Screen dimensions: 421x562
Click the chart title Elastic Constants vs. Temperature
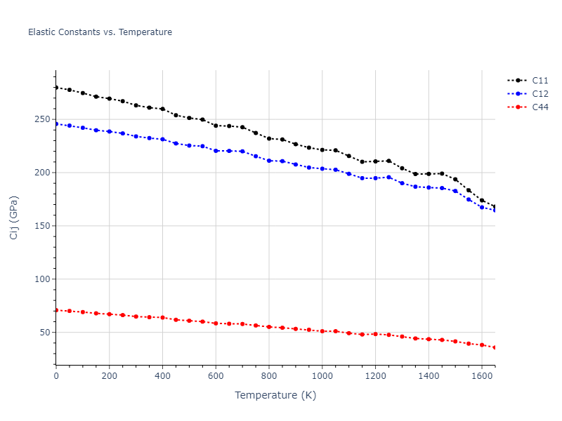[100, 32]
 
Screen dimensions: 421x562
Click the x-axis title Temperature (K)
[275, 396]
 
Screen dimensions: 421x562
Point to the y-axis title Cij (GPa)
[14, 218]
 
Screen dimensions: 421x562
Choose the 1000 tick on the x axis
[322, 375]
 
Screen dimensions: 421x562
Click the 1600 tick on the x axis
[482, 375]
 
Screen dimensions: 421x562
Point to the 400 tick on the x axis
[162, 375]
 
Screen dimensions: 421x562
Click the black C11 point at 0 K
[56, 88]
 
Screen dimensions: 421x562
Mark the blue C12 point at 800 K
[269, 161]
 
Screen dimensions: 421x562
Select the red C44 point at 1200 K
[375, 334]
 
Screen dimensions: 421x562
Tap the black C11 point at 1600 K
[482, 200]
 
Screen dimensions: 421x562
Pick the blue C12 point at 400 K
[162, 139]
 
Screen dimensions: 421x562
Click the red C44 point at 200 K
[110, 314]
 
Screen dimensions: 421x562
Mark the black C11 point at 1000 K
[322, 149]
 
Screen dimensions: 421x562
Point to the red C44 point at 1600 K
[482, 345]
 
